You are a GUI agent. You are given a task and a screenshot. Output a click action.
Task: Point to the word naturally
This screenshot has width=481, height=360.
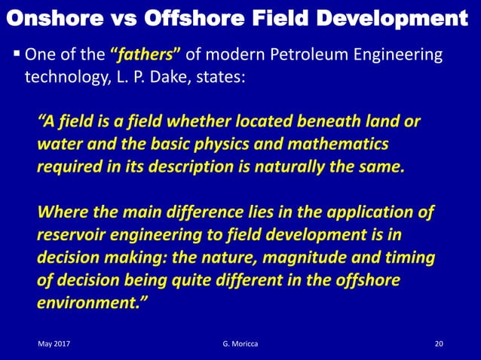tap(294, 166)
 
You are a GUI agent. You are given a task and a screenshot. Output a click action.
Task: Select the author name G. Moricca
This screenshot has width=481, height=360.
tap(240, 344)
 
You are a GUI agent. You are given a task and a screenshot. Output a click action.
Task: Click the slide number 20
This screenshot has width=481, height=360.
tap(440, 344)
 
